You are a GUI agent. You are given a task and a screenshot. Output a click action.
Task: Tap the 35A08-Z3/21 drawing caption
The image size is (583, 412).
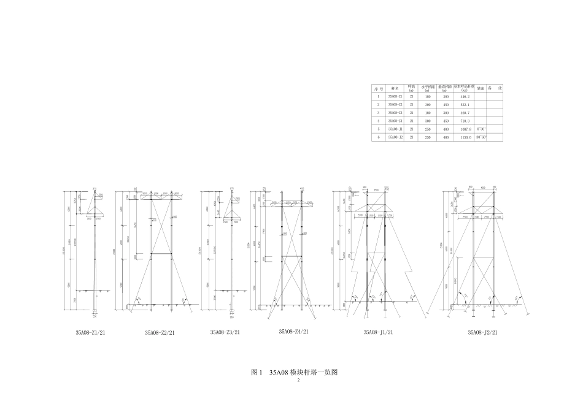point(225,333)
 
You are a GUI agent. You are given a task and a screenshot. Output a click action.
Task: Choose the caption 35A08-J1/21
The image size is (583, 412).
point(378,333)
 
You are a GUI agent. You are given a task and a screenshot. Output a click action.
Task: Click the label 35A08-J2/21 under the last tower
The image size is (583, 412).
point(482,333)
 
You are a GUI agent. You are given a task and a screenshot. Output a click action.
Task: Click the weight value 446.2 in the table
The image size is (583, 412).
point(465,97)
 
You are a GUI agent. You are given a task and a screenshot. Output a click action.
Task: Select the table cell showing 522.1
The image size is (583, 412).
point(465,105)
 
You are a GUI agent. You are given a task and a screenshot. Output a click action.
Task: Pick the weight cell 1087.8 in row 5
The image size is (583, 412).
point(465,129)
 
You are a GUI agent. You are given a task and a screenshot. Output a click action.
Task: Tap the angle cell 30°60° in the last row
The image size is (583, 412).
point(482,137)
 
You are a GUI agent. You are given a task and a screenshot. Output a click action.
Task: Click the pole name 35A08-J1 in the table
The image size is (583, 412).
point(395,129)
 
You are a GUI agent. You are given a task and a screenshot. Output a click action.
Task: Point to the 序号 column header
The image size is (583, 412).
point(379,88)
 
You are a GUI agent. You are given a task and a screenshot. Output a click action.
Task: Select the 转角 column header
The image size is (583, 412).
point(482,88)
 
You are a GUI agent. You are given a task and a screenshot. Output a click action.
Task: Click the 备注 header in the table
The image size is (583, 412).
point(496,88)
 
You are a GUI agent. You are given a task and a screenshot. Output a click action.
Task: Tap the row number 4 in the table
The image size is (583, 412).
point(379,121)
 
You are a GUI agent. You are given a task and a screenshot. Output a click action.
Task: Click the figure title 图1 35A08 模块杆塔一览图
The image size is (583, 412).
point(295,372)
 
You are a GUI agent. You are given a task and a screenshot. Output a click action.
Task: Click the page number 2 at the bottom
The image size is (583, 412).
point(298,381)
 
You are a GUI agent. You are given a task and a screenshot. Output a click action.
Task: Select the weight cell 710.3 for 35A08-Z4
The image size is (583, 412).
point(465,121)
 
